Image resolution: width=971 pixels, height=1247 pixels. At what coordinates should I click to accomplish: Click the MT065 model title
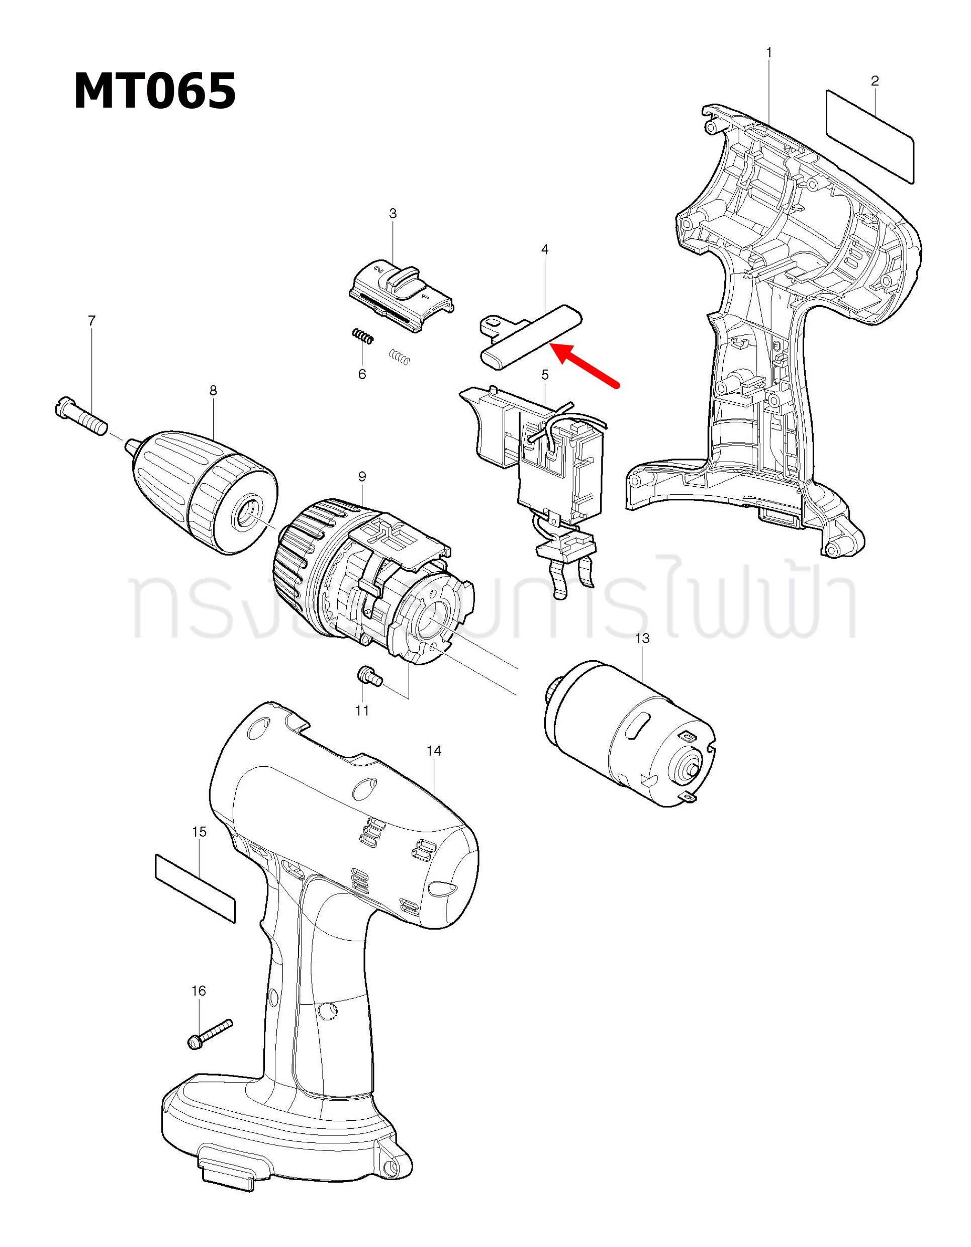tap(155, 91)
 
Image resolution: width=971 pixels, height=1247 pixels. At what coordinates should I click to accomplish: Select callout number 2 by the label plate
tap(875, 81)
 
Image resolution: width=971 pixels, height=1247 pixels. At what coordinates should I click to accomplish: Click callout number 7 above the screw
tap(92, 321)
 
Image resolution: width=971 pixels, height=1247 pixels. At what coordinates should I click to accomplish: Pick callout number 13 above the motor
tap(642, 639)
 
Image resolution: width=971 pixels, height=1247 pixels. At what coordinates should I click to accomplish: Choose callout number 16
tap(198, 991)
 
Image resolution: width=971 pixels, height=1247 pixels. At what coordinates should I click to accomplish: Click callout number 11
tap(362, 710)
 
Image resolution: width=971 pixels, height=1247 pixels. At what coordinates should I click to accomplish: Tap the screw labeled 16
tap(210, 1033)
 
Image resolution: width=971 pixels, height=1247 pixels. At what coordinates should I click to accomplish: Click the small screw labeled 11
tap(369, 677)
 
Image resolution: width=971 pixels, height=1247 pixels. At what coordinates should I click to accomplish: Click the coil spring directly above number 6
tap(362, 336)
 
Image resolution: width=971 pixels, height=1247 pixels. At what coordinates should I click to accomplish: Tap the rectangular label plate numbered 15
tap(195, 887)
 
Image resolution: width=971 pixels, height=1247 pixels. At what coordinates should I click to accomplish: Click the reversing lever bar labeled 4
tap(531, 337)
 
